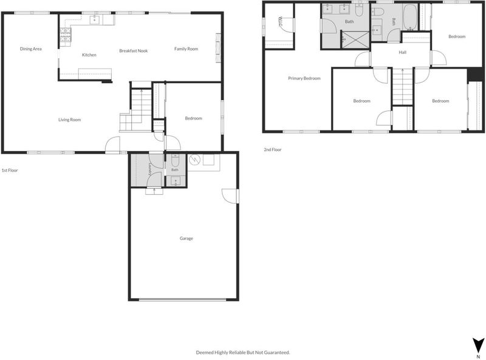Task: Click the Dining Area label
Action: click(x=31, y=49)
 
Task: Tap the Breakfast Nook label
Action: click(x=134, y=50)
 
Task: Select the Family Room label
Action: click(x=186, y=49)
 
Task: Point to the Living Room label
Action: click(x=69, y=120)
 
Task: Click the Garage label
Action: click(x=187, y=238)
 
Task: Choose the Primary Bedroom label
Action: click(x=304, y=78)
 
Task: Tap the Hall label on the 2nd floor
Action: click(x=402, y=52)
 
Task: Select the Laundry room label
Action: click(x=150, y=169)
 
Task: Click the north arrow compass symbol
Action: click(x=478, y=345)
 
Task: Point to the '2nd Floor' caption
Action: click(x=272, y=149)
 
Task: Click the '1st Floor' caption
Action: click(x=10, y=170)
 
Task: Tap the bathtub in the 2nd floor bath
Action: click(x=411, y=17)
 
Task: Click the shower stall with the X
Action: click(x=355, y=39)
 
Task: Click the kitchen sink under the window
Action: click(x=95, y=19)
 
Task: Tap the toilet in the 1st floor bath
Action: click(x=175, y=160)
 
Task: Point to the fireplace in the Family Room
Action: click(x=218, y=48)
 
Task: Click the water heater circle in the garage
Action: click(x=194, y=160)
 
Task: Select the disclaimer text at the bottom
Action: click(x=243, y=352)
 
